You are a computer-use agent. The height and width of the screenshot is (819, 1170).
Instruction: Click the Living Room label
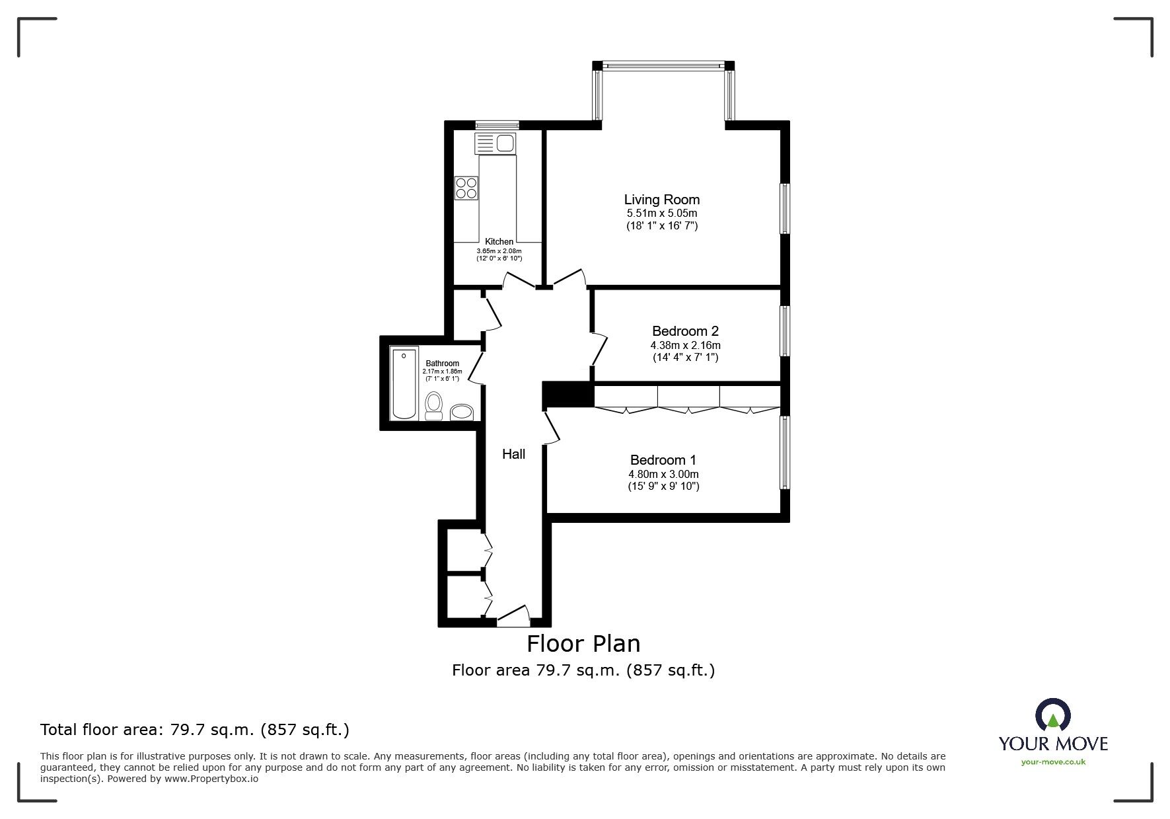tap(661, 200)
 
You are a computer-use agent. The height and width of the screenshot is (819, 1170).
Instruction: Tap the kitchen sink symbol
tap(495, 143)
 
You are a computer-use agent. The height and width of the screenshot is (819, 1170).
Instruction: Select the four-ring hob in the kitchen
tap(466, 188)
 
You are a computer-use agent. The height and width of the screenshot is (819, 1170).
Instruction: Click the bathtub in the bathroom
tap(404, 383)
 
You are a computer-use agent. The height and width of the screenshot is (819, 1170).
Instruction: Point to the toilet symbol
tap(434, 405)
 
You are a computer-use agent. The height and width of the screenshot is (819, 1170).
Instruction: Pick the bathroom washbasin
tap(462, 412)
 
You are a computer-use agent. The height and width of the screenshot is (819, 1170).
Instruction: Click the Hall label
tap(513, 454)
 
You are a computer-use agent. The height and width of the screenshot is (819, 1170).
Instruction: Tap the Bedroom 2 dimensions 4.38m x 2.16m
tap(685, 345)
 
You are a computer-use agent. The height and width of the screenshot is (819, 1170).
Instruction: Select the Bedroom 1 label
tap(663, 460)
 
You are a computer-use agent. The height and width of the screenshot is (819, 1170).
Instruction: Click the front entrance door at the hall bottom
tap(514, 618)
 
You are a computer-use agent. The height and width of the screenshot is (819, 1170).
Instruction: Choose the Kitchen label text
tap(499, 242)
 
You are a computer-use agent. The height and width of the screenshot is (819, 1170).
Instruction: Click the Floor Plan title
tap(583, 643)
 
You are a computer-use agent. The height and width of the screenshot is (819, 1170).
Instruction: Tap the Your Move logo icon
tap(1052, 716)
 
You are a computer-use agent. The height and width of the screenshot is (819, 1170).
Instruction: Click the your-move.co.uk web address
tap(1053, 762)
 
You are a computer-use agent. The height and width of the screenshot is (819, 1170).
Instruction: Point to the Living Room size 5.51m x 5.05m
tap(661, 214)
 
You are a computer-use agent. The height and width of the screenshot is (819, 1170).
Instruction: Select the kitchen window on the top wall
tap(497, 124)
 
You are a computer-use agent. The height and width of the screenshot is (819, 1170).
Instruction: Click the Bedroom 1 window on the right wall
tap(785, 452)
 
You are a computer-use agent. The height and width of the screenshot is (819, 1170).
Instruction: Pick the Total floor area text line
tap(195, 730)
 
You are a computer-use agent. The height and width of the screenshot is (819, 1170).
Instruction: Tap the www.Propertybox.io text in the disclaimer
tap(211, 779)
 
